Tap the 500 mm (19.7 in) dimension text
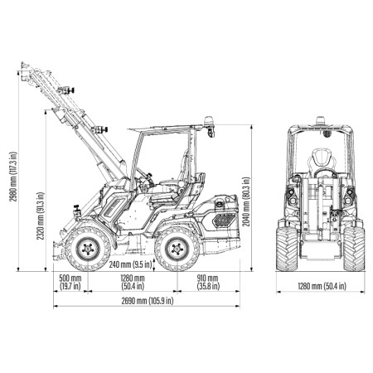[x=70, y=282]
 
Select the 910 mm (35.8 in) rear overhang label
[x=207, y=282]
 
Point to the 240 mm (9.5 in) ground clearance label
[x=135, y=265]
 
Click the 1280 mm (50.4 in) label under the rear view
[x=321, y=286]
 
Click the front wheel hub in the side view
[x=88, y=249]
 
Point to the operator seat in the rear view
[x=321, y=162]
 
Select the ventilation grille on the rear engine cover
[x=222, y=219]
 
